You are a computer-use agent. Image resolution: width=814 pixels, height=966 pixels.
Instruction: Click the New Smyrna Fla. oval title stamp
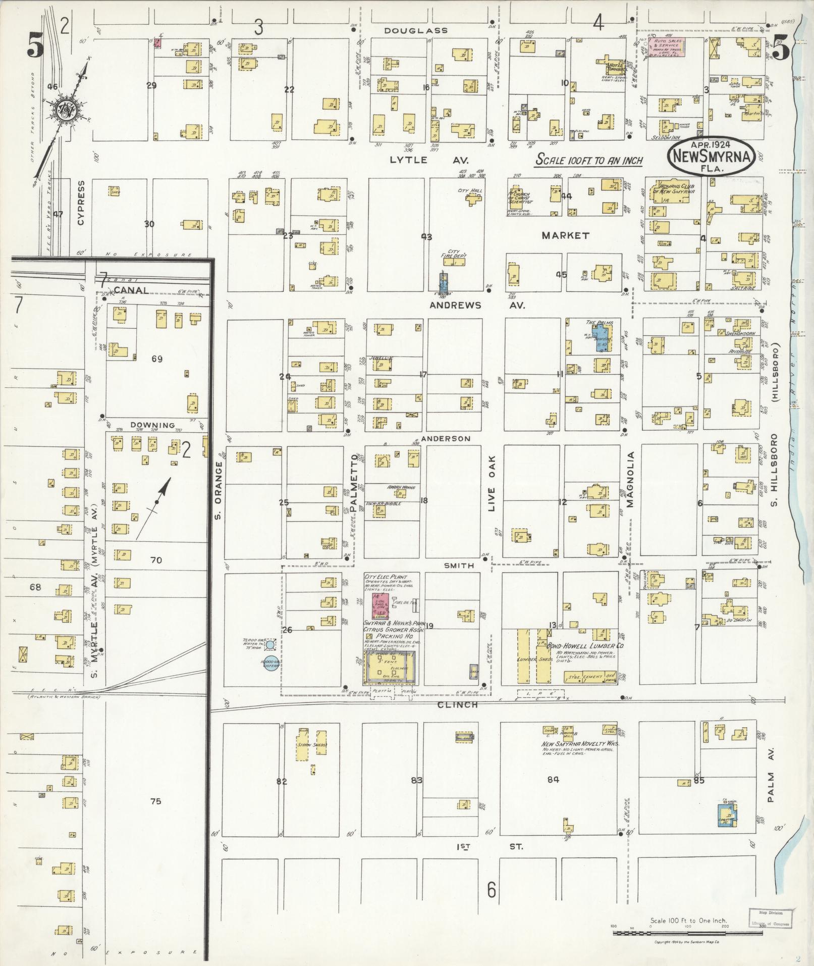(711, 157)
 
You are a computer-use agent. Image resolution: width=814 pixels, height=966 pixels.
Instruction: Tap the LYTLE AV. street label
(429, 160)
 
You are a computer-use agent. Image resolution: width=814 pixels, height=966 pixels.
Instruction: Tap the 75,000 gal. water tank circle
(270, 645)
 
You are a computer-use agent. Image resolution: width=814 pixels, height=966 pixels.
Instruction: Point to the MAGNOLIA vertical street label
(630, 480)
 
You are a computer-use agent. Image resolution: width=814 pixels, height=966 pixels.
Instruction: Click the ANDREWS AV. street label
(477, 306)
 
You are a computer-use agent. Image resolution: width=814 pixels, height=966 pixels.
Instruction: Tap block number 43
(426, 236)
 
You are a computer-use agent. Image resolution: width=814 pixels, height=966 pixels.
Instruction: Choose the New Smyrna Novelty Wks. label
(580, 744)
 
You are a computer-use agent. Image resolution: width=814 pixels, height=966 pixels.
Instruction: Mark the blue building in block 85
(727, 815)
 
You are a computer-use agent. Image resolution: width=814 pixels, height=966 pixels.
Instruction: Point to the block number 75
(155, 801)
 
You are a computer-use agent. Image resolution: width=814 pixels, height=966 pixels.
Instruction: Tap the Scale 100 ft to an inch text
(589, 161)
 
